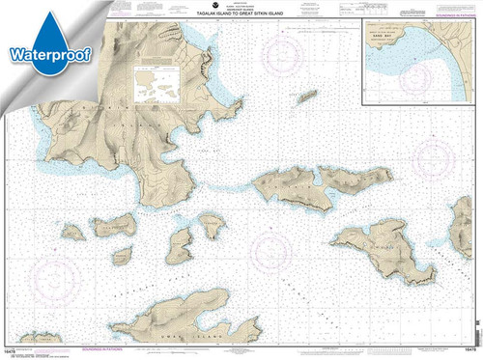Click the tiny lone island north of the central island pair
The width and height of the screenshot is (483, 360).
point(307,97)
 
